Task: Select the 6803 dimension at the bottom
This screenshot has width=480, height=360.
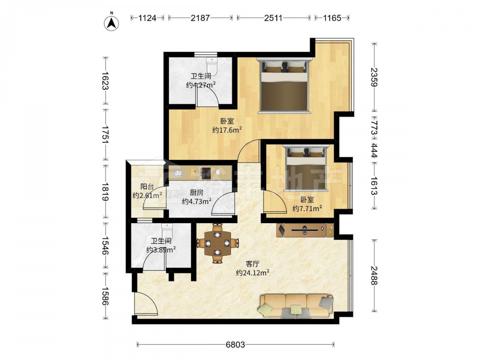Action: [235, 345]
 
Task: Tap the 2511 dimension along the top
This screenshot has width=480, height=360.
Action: [273, 18]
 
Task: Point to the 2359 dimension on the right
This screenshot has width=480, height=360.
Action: [374, 77]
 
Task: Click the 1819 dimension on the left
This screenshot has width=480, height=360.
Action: [105, 192]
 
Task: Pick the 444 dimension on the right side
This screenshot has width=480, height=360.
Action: [374, 151]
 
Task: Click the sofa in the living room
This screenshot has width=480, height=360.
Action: [296, 306]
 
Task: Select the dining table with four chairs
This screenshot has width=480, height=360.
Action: [217, 243]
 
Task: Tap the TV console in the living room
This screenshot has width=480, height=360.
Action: [305, 230]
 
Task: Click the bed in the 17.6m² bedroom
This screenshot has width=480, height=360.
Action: [284, 85]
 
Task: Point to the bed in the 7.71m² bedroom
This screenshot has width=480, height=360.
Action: [305, 168]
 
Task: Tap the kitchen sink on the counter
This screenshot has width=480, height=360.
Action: [179, 174]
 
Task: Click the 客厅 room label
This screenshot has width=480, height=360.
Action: [253, 264]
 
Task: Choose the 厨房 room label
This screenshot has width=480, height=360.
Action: [196, 192]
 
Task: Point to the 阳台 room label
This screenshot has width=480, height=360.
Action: [147, 186]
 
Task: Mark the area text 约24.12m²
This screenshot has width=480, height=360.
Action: [252, 273]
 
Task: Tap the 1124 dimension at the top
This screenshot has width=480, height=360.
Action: [147, 18]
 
